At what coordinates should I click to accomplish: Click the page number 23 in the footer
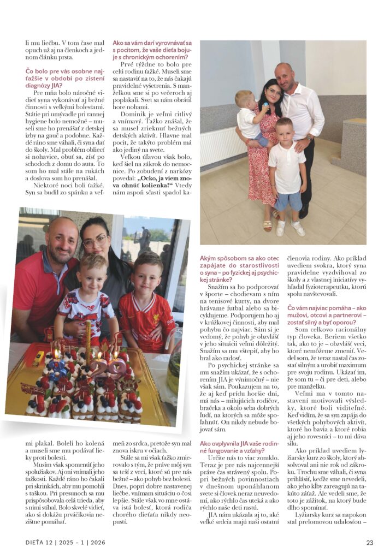[369, 542]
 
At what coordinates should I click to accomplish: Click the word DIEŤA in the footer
[36, 542]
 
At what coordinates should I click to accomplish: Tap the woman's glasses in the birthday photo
[95, 242]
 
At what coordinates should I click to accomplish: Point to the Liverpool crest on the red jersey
[155, 306]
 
